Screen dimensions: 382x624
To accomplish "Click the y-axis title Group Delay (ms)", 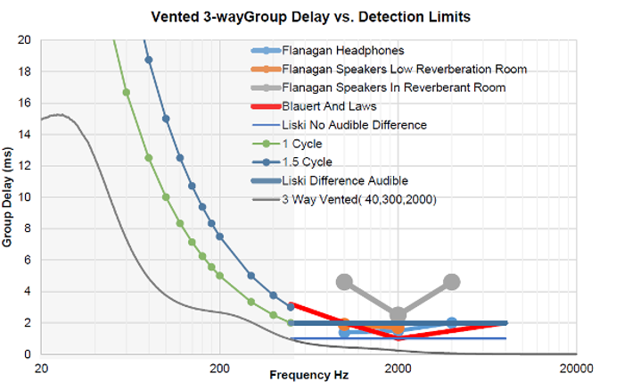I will click(10, 196).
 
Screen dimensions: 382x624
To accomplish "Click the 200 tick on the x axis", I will click(219, 367).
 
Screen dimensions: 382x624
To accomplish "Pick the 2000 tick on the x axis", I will click(398, 367).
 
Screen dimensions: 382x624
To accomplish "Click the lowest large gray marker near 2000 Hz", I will click(398, 315).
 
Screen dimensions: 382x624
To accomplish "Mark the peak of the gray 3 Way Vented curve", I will click(58, 114).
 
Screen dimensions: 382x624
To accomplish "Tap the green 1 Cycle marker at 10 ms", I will click(166, 197).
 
